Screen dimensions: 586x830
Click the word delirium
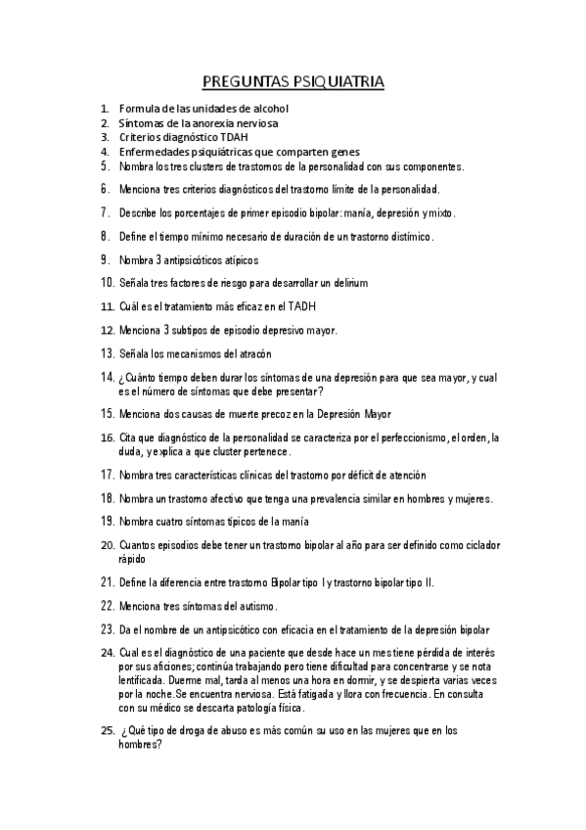pyautogui.click(x=346, y=283)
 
